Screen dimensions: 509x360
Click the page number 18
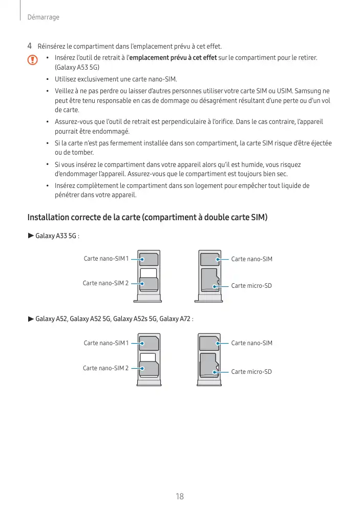click(180, 496)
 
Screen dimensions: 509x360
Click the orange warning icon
click(33, 60)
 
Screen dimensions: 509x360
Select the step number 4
click(30, 47)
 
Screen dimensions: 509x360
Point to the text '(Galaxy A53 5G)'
click(77, 68)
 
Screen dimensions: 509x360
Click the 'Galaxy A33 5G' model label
click(56, 236)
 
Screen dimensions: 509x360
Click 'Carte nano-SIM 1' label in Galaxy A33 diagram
click(106, 259)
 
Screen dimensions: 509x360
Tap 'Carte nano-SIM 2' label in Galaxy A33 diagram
click(105, 283)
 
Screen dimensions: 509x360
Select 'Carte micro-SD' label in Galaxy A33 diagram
click(251, 285)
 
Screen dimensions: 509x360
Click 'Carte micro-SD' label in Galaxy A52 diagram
click(251, 371)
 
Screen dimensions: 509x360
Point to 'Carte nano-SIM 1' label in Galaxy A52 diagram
click(106, 343)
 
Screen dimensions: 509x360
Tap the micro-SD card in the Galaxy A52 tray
click(208, 365)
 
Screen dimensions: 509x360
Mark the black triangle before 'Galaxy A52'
click(30, 320)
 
